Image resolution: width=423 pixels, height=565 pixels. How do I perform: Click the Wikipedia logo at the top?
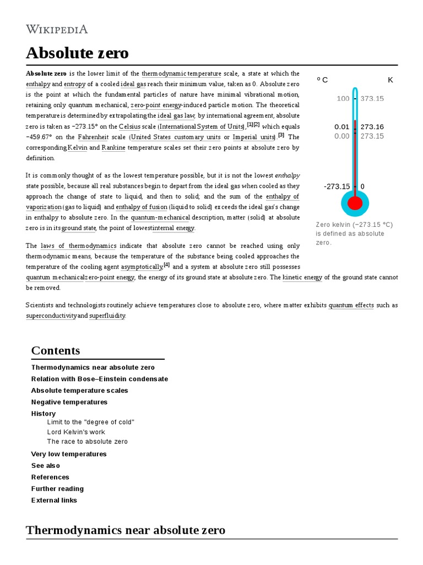pos(57,29)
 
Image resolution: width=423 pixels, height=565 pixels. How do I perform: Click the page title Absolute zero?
pos(77,53)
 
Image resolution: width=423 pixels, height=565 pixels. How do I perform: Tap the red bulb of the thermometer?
pos(355,203)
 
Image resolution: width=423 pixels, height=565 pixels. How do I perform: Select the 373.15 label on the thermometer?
pos(372,99)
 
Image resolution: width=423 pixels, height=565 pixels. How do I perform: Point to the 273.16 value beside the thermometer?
pos(372,127)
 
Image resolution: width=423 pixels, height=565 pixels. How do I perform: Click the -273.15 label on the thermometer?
pos(337,186)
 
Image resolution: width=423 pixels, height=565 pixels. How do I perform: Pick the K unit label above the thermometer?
pos(391,80)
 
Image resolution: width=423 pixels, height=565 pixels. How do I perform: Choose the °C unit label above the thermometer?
pos(322,80)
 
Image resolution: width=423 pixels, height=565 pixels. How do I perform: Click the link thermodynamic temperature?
pos(181,74)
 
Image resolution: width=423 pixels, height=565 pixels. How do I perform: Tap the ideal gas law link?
pos(176,116)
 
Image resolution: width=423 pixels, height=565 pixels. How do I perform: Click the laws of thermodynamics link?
pos(78,246)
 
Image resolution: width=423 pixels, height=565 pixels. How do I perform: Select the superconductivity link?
pos(51,316)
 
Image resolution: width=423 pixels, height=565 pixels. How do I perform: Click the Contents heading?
pos(56,350)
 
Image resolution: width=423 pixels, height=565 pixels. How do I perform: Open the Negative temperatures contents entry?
pos(69,402)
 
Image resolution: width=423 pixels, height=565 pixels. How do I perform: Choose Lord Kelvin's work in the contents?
pos(76,432)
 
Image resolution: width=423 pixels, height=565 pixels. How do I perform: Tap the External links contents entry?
pos(54,500)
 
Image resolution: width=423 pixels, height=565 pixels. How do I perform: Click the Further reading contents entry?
pos(57,489)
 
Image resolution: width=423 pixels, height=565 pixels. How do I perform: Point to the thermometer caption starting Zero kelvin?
pos(354,233)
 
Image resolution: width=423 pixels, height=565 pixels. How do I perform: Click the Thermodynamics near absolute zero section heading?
pos(126,530)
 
